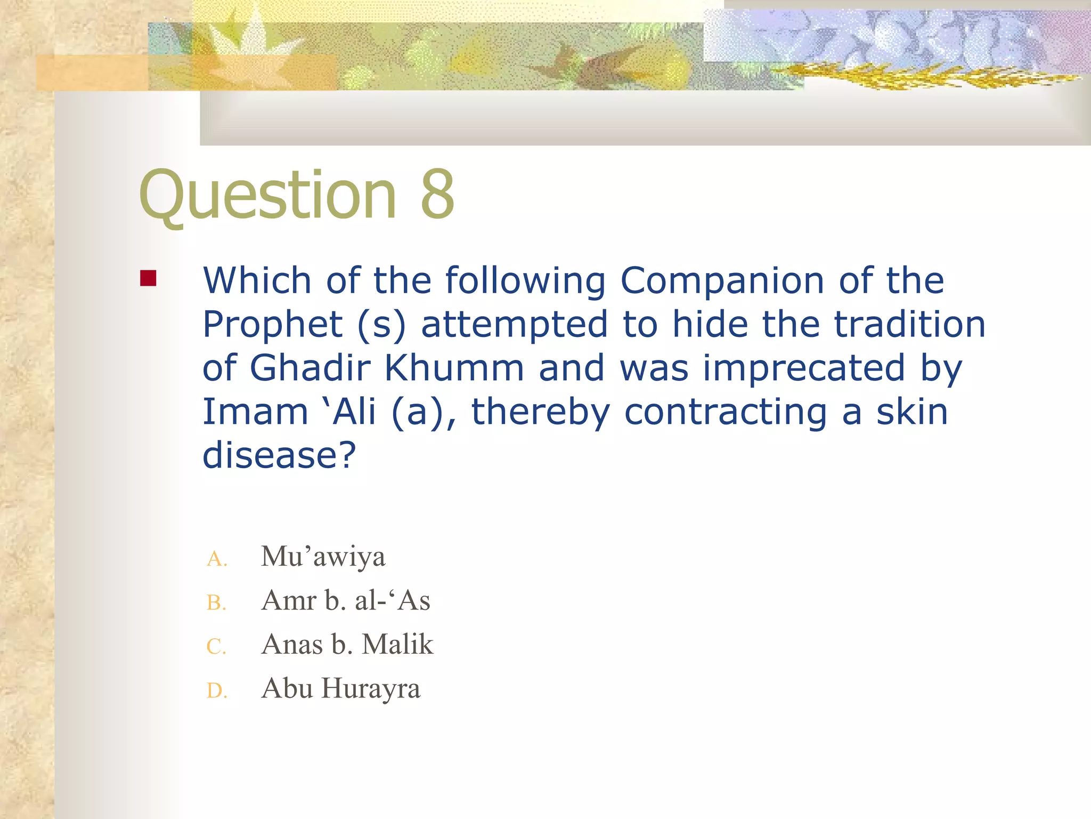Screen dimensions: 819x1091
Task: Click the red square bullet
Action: point(148,278)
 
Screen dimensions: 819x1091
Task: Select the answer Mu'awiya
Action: point(323,557)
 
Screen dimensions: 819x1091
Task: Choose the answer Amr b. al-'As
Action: point(346,600)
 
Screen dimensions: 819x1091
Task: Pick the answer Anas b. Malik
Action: point(347,644)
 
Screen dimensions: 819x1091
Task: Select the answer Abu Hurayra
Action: point(341,688)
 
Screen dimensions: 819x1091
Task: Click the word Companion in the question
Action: point(722,281)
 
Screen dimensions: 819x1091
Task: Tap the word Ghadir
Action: point(310,368)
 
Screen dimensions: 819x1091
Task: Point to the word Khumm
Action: point(454,368)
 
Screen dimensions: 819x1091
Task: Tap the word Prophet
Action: point(273,325)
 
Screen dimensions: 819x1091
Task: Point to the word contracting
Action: point(726,413)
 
